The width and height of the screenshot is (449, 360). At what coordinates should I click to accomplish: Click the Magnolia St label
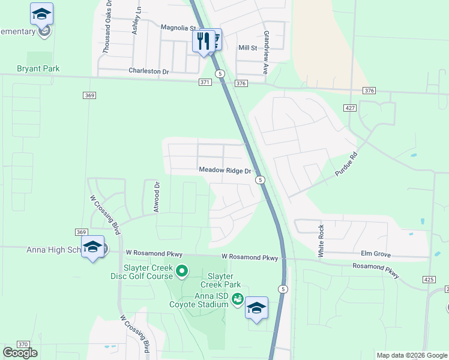pyautogui.click(x=179, y=28)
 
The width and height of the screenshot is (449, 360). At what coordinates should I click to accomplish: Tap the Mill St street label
pyautogui.click(x=247, y=47)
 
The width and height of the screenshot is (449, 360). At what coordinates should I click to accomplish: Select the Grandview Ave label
pyautogui.click(x=266, y=53)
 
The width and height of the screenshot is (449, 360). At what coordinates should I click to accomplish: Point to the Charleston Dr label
pyautogui.click(x=149, y=71)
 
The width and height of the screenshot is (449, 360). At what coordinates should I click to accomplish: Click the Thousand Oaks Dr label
pyautogui.click(x=107, y=28)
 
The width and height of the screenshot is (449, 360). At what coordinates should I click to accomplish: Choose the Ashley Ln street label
pyautogui.click(x=137, y=20)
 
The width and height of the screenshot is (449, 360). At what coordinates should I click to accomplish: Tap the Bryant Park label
pyautogui.click(x=38, y=68)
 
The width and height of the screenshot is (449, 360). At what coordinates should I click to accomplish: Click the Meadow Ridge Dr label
pyautogui.click(x=225, y=170)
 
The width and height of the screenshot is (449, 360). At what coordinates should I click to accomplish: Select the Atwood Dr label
pyautogui.click(x=157, y=197)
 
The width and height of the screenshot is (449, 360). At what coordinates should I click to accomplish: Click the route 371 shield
pyautogui.click(x=205, y=82)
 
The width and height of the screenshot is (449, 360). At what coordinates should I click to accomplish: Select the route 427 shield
pyautogui.click(x=349, y=107)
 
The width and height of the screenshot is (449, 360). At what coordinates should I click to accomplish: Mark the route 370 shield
pyautogui.click(x=23, y=344)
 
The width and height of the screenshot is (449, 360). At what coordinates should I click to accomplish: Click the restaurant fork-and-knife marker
pyautogui.click(x=202, y=41)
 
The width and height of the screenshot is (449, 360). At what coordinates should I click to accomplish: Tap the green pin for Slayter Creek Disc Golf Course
pyautogui.click(x=182, y=274)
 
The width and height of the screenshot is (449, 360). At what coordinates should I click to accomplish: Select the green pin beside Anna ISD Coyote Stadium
pyautogui.click(x=238, y=298)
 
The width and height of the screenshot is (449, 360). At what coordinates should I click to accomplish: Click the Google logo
pyautogui.click(x=19, y=352)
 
